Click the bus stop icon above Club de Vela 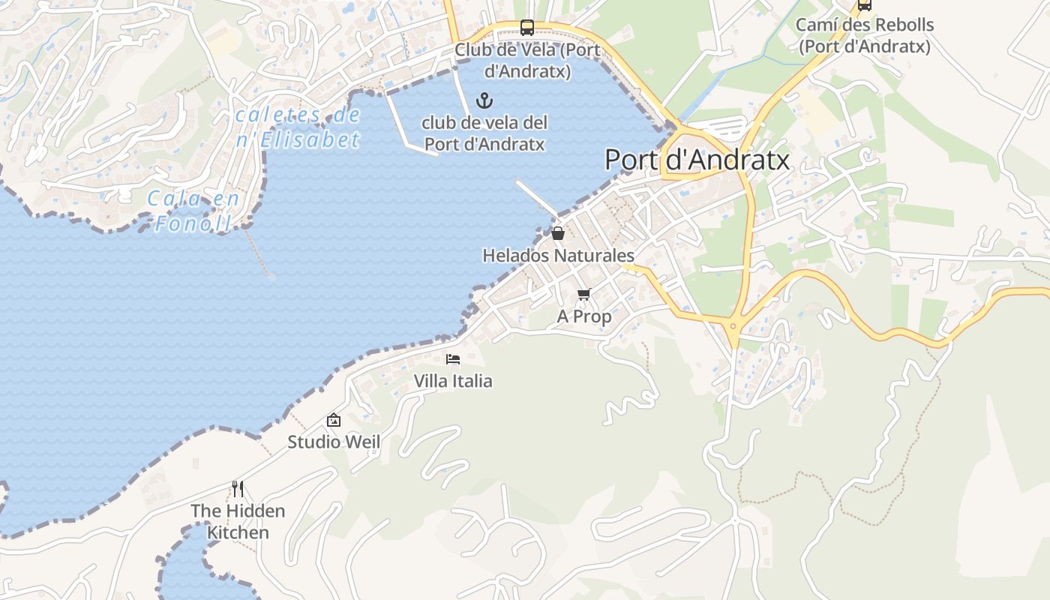click(527, 28)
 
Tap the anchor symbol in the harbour click(484, 100)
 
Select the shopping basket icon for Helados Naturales click(557, 233)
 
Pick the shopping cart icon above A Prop click(584, 294)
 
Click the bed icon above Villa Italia click(453, 358)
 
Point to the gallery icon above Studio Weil click(334, 420)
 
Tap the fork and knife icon click(238, 489)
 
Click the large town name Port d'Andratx click(697, 160)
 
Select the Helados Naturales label click(558, 256)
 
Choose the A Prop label click(584, 316)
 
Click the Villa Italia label click(453, 381)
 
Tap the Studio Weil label click(334, 442)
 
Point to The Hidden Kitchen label click(238, 521)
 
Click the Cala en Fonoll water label click(194, 211)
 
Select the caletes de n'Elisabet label click(298, 127)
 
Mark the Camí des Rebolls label click(864, 35)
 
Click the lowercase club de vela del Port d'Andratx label click(484, 133)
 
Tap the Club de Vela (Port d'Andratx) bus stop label click(527, 61)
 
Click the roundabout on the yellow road click(733, 325)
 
